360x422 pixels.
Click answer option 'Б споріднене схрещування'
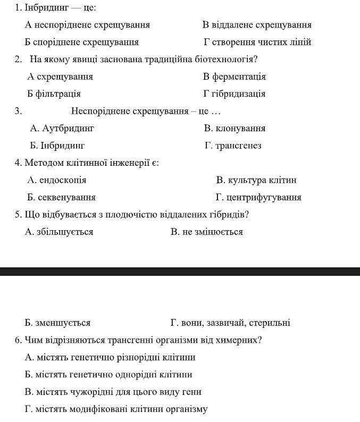point(81,42)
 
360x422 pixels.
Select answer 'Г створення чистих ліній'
point(257,42)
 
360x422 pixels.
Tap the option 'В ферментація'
point(235,77)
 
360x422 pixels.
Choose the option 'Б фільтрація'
point(54,94)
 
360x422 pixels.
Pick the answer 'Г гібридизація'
point(234,94)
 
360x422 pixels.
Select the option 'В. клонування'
point(235,128)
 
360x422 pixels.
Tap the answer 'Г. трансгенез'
point(233,146)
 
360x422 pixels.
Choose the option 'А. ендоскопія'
point(56,180)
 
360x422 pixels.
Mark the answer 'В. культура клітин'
point(256,180)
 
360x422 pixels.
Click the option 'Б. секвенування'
point(61,197)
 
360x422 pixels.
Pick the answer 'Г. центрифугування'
point(258,197)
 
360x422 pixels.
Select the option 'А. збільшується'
point(59,232)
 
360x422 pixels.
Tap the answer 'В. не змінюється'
point(207,232)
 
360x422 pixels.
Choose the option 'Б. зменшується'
point(57,323)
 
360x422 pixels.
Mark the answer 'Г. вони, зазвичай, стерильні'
point(230,323)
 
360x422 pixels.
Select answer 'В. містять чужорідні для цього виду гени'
point(113,392)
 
